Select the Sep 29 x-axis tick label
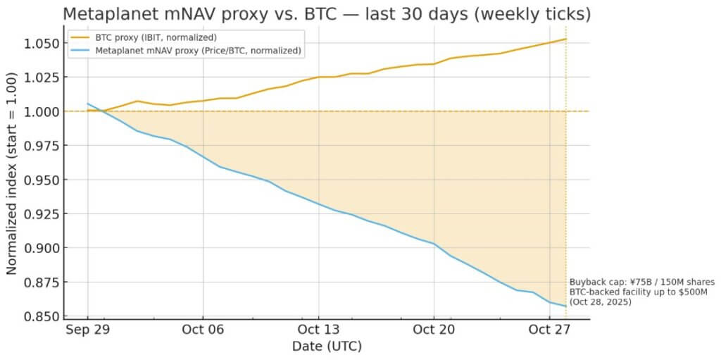pos(87,330)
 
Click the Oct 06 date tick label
pos(202,330)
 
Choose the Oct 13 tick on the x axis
pos(318,330)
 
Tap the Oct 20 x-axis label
pos(434,330)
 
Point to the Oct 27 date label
pos(549,330)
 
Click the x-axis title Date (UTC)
pos(327,347)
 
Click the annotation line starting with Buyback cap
pos(641,283)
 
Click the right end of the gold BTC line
pos(566,39)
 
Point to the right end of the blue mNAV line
pos(566,306)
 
